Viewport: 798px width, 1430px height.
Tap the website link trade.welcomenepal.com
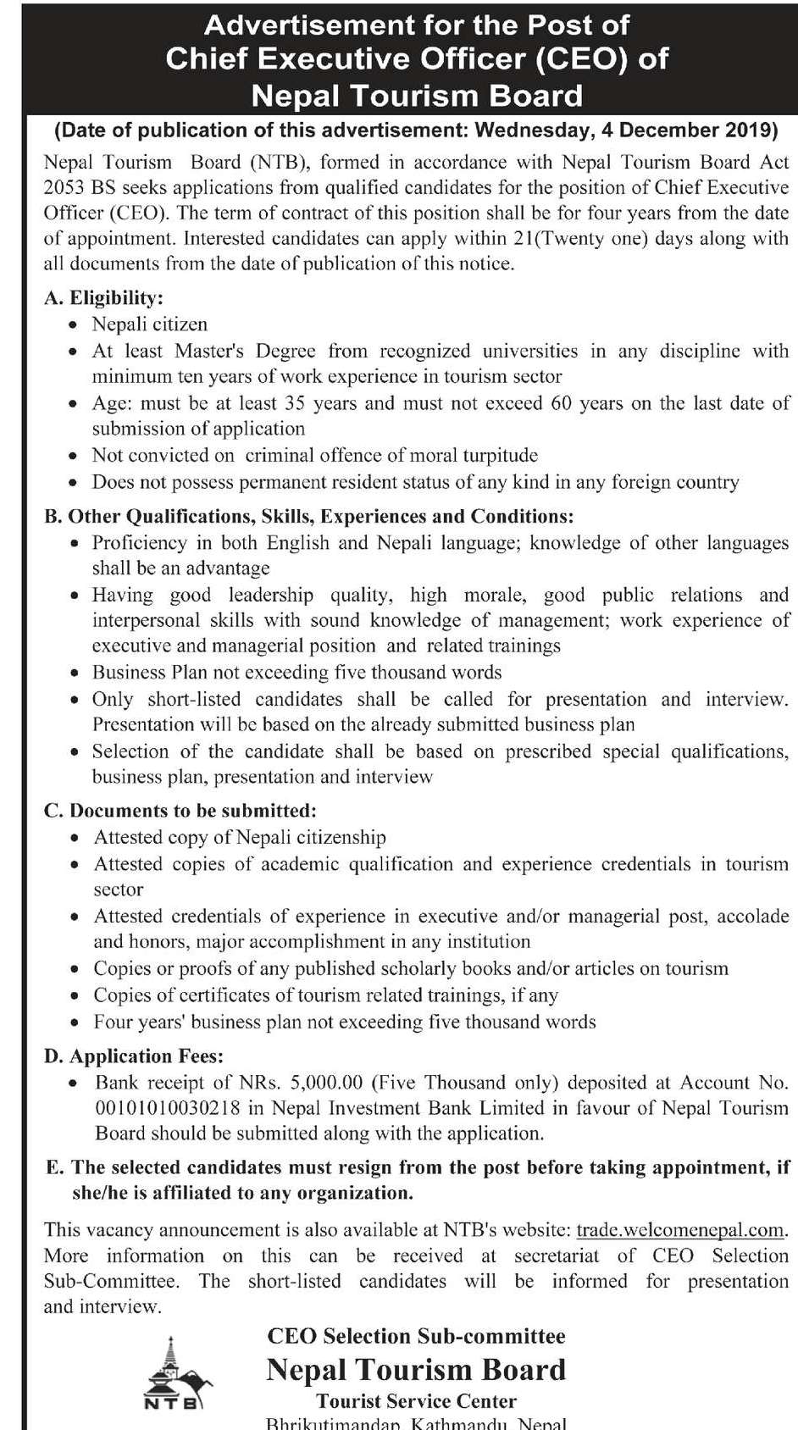(680, 1230)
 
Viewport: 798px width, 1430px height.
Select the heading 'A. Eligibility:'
(103, 298)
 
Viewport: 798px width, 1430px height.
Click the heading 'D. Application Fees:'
(134, 1056)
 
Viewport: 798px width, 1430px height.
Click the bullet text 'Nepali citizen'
(150, 324)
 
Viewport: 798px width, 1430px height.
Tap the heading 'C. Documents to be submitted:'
(180, 811)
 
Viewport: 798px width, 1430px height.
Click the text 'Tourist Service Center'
(416, 1402)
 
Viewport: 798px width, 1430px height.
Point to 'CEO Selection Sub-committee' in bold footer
(416, 1337)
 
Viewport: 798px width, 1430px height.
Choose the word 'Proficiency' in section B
(139, 543)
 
